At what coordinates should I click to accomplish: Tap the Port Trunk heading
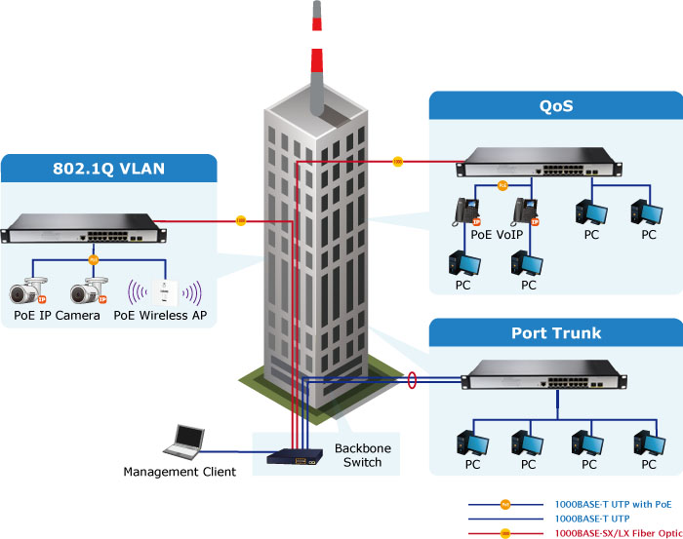coord(556,333)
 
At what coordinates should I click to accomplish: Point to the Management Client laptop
coord(184,443)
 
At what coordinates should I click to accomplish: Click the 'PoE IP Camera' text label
coord(56,316)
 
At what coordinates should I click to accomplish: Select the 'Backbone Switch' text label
coord(357,454)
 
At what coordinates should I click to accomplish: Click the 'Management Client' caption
coord(180,473)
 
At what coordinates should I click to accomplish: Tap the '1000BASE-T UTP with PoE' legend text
coord(613,504)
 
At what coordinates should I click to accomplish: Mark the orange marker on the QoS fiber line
coord(397,161)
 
